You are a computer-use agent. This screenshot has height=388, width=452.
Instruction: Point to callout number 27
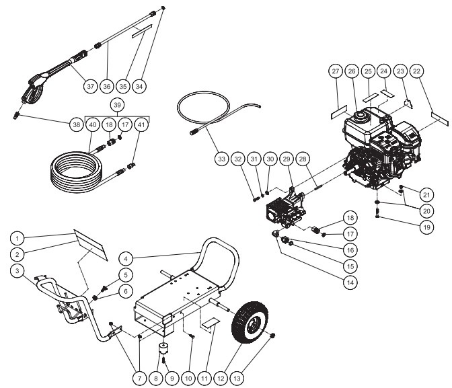coord(336,71)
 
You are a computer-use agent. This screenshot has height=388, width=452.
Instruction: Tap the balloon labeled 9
coord(172,378)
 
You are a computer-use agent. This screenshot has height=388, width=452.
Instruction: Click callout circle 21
coord(426,194)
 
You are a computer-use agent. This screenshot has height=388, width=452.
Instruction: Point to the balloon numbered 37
coord(89,86)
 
